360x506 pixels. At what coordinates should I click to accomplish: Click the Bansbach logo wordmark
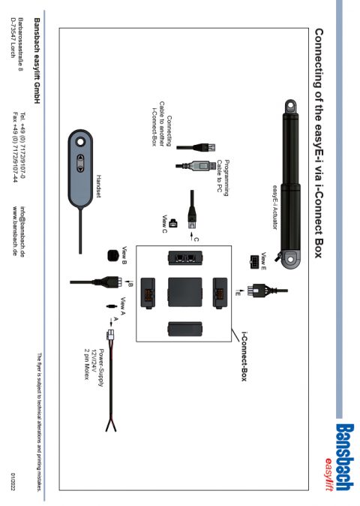point(344,457)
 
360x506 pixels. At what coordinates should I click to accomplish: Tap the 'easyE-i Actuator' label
point(275,207)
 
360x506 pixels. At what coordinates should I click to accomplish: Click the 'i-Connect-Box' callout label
point(244,357)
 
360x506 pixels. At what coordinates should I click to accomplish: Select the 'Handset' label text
point(98,186)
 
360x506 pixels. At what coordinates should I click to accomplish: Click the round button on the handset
point(80,142)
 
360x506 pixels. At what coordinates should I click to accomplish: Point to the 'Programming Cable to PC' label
point(223,177)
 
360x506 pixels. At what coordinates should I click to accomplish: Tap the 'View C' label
point(164,224)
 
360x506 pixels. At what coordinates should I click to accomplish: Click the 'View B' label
point(124,255)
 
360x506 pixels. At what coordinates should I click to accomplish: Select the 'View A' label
point(122,306)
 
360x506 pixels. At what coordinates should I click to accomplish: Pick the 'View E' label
point(263,261)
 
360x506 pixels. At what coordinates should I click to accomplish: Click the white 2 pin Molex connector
point(110,334)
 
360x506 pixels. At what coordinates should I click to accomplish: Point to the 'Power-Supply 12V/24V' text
point(97,368)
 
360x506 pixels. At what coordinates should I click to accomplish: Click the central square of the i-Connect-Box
point(185,292)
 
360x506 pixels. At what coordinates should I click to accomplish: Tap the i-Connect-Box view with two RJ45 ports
point(185,258)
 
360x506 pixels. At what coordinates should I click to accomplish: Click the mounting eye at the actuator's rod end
point(290,106)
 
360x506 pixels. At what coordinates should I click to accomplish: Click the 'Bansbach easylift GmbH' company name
point(37,61)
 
